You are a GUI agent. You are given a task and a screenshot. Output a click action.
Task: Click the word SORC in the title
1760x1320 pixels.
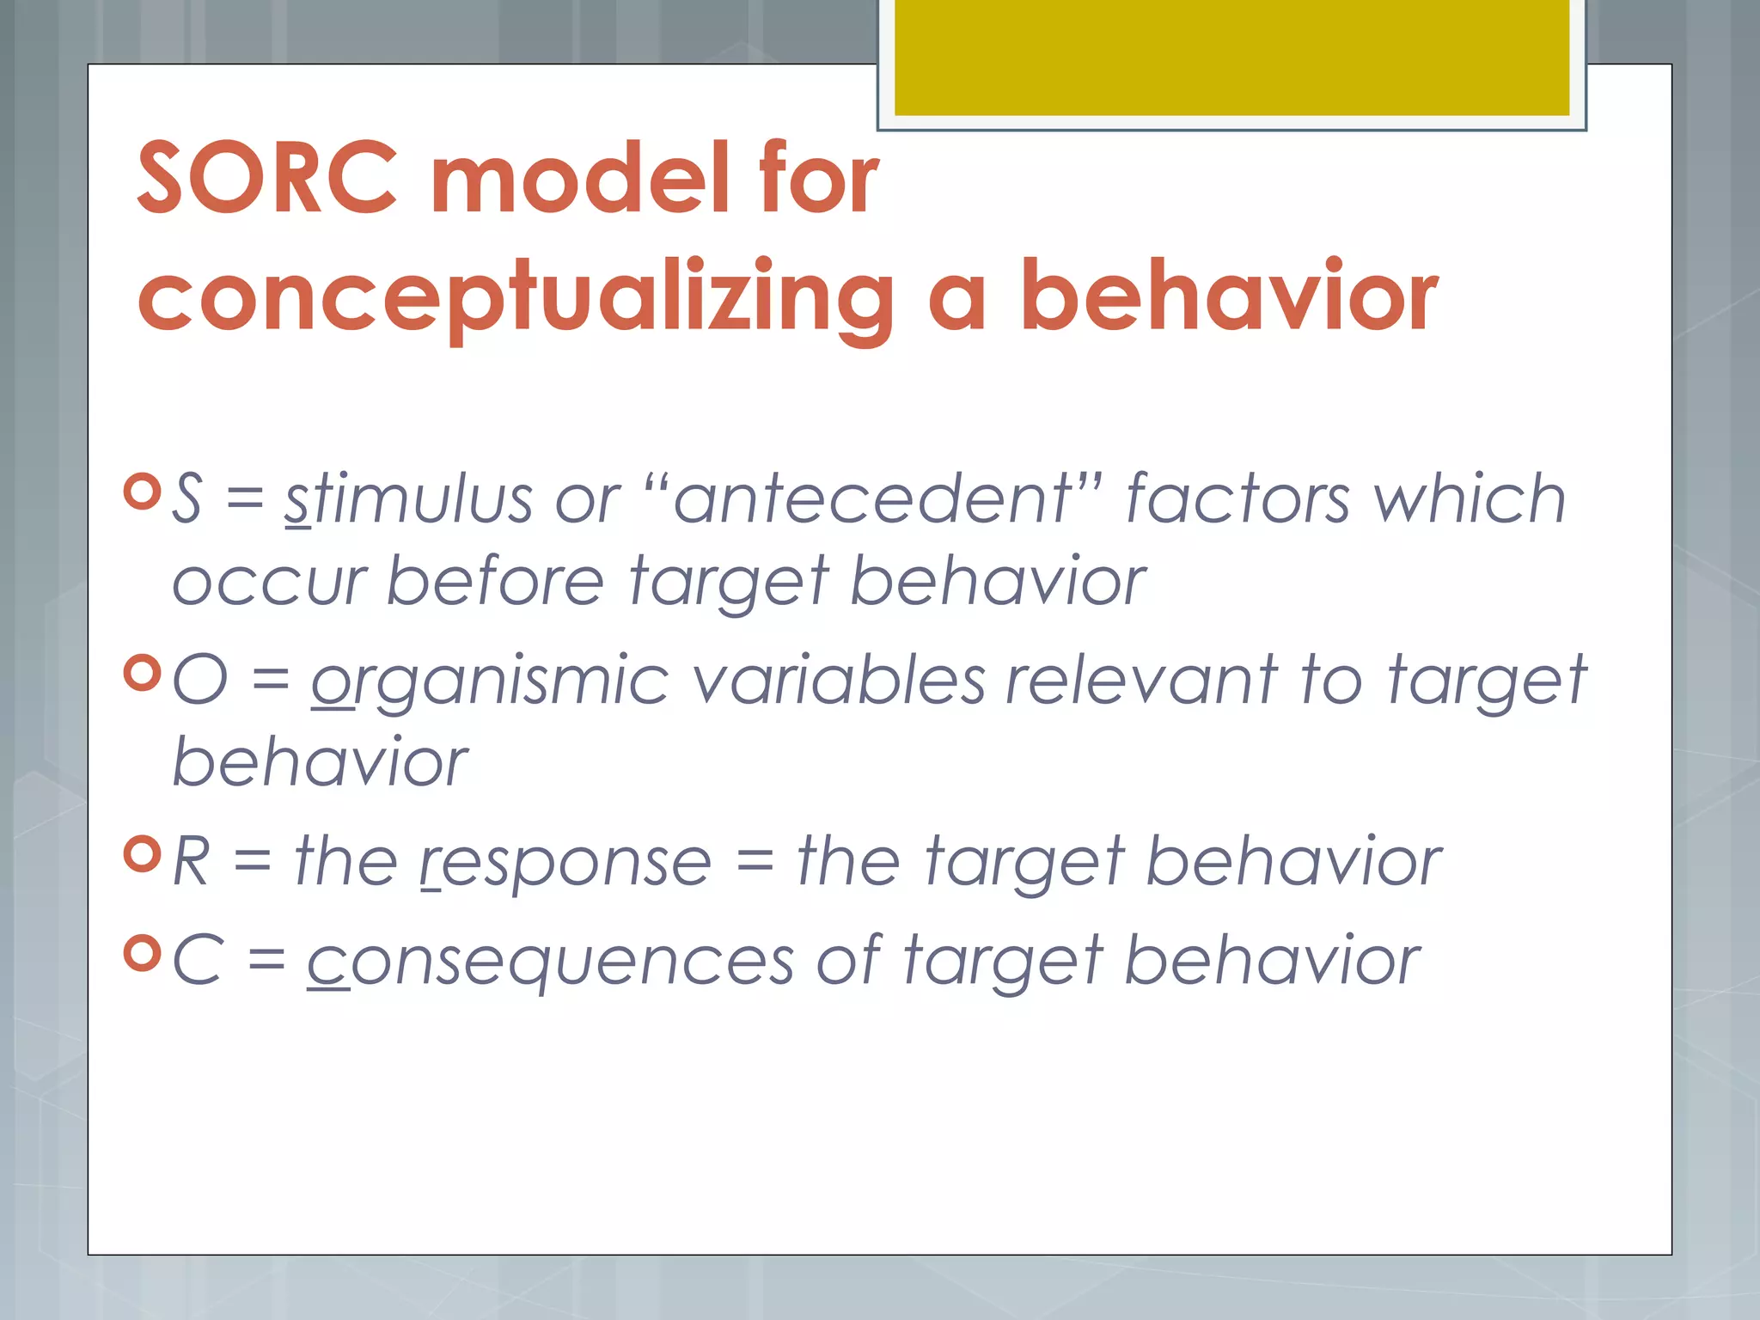coord(267,178)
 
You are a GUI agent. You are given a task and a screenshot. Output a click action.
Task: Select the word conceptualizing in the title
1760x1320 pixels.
coord(516,296)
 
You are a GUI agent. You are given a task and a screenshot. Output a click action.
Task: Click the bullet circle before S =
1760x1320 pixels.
coord(142,492)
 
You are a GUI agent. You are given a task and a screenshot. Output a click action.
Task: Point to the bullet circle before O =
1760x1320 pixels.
coord(142,673)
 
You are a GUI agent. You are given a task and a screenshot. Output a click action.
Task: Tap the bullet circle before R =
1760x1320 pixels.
coord(142,854)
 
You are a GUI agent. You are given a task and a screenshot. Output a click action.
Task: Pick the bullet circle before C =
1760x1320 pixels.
coord(142,953)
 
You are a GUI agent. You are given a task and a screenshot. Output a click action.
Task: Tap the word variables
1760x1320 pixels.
coord(838,680)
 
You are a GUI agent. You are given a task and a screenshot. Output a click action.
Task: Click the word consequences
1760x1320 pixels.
coord(550,962)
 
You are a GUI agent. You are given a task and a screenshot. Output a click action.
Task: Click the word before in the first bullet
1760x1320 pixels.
coord(496,582)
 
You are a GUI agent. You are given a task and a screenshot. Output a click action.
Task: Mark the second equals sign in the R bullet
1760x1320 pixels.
coord(755,862)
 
